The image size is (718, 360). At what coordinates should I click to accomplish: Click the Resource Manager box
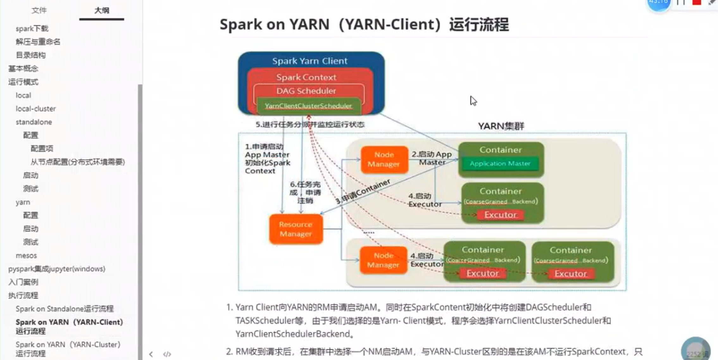click(296, 229)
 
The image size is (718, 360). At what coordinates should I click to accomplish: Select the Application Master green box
click(500, 164)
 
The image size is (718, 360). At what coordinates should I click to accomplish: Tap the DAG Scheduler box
click(306, 91)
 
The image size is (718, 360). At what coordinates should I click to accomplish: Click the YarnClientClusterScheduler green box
click(308, 106)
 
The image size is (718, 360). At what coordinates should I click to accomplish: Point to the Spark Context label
click(306, 77)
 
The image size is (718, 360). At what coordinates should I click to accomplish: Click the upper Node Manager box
click(384, 159)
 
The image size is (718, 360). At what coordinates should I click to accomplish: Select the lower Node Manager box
click(383, 260)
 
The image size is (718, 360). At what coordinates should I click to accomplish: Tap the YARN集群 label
click(501, 126)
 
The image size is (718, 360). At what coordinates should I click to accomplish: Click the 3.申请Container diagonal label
click(363, 192)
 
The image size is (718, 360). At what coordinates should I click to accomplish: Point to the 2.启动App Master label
click(432, 158)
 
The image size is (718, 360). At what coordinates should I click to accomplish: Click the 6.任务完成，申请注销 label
click(305, 192)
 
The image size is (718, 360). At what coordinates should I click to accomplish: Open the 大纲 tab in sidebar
click(102, 10)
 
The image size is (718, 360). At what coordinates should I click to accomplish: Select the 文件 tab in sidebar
click(39, 10)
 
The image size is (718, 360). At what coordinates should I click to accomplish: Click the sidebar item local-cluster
click(36, 109)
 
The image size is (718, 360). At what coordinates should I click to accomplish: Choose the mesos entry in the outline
click(26, 256)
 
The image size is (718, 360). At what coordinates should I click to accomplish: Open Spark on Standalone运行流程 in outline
click(65, 309)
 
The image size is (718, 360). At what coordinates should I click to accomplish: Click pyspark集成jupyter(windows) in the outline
click(57, 269)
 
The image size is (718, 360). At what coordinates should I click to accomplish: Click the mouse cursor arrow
click(473, 101)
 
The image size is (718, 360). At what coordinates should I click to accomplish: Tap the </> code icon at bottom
click(167, 354)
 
